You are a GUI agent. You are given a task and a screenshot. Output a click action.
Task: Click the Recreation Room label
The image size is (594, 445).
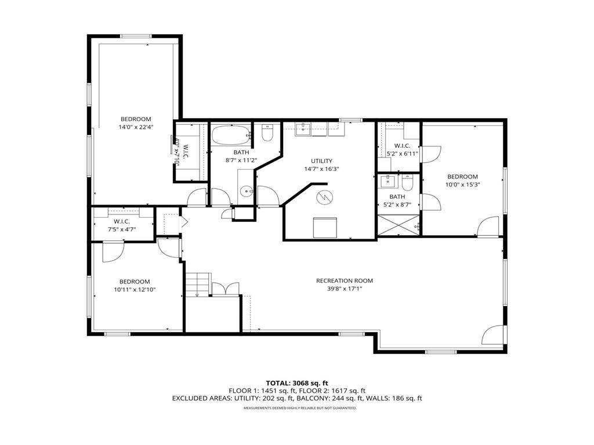point(344,280)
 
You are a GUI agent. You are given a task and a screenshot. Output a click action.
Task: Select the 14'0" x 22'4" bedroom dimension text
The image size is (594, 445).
point(135,126)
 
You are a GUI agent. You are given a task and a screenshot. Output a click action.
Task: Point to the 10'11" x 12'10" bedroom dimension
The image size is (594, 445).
point(135,289)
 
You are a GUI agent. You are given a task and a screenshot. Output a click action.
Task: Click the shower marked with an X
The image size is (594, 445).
point(398,225)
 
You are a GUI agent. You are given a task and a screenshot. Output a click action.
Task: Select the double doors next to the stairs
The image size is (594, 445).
point(225,288)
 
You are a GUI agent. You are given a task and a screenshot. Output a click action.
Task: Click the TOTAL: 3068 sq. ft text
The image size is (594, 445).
point(297,383)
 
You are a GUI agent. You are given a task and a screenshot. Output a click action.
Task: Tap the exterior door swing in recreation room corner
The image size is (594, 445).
point(492,335)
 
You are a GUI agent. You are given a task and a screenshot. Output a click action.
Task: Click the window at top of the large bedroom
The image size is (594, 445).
point(136,37)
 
